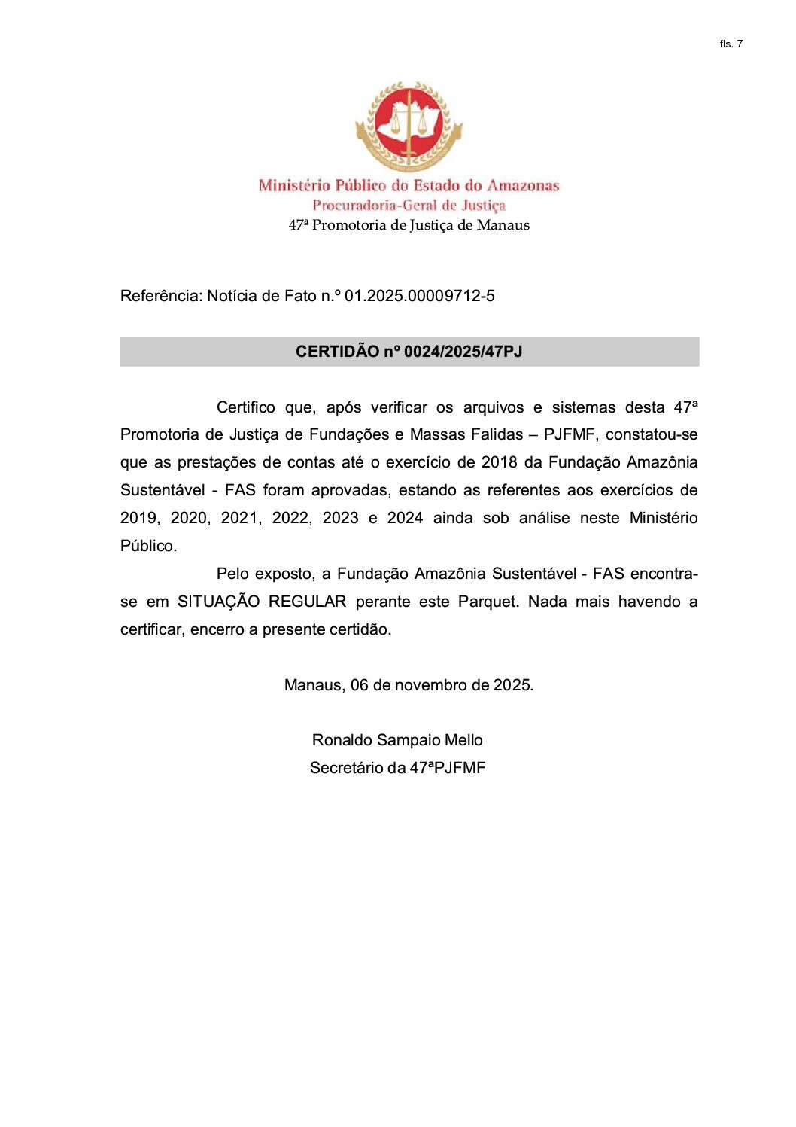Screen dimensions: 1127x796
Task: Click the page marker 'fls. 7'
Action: pos(731,44)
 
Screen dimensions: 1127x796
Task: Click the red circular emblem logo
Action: pos(409,126)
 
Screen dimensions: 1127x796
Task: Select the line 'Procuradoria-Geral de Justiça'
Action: pos(409,206)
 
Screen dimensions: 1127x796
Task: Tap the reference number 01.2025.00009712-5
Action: pos(419,296)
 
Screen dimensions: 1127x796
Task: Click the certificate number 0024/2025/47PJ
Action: pos(463,352)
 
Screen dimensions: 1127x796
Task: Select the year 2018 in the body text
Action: pos(499,463)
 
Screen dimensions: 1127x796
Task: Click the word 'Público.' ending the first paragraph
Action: pos(148,547)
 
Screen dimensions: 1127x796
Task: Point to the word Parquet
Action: pos(488,602)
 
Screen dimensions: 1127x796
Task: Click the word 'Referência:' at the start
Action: pos(161,296)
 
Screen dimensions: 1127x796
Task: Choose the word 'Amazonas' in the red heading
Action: pos(523,186)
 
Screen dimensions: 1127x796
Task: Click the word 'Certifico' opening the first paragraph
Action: pos(246,408)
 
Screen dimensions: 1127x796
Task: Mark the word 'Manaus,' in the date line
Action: pos(314,686)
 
